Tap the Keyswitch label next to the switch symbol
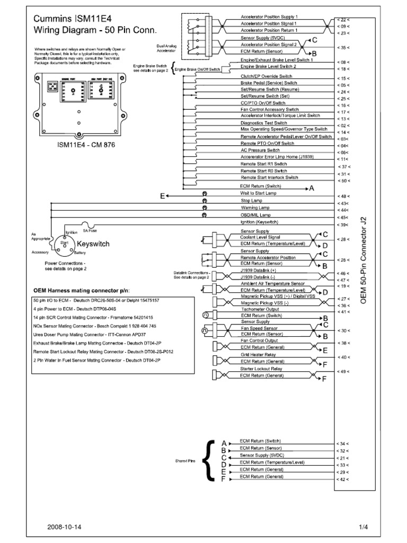click(x=93, y=244)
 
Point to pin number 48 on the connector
click(x=343, y=196)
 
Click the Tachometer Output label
click(x=259, y=310)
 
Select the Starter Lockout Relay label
click(x=261, y=369)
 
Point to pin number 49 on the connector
click(x=343, y=371)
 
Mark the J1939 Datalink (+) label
click(x=258, y=270)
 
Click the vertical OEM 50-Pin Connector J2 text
click(x=363, y=267)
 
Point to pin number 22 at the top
click(x=343, y=19)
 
